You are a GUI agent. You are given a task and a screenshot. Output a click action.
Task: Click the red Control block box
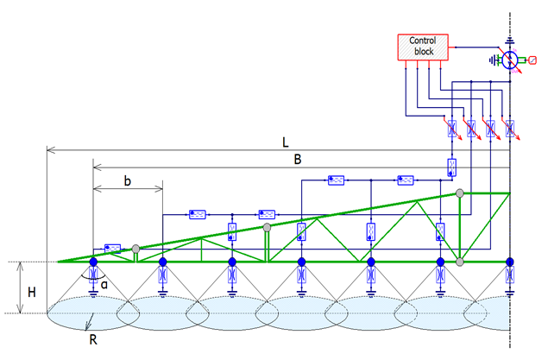pyautogui.click(x=423, y=47)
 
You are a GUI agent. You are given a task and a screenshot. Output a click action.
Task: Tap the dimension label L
pyautogui.click(x=286, y=142)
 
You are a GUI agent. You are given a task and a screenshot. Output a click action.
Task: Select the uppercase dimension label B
pyautogui.click(x=298, y=160)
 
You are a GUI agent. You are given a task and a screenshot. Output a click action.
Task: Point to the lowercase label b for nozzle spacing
pyautogui.click(x=128, y=180)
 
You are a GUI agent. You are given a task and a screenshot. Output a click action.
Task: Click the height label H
pyautogui.click(x=32, y=292)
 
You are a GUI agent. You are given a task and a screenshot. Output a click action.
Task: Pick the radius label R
pyautogui.click(x=93, y=339)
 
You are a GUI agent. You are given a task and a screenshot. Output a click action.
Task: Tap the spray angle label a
pyautogui.click(x=104, y=285)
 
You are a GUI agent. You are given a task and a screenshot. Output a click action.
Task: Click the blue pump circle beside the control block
pyautogui.click(x=509, y=60)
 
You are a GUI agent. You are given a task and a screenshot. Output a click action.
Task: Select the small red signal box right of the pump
pyautogui.click(x=532, y=60)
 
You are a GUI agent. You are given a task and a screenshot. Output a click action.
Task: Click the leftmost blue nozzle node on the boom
pyautogui.click(x=93, y=262)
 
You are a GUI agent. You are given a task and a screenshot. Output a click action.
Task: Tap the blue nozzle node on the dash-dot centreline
pyautogui.click(x=510, y=262)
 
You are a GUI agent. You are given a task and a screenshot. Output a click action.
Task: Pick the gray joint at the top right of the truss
pyautogui.click(x=460, y=193)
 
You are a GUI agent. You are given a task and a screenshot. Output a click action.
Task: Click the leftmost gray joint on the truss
pyautogui.click(x=135, y=249)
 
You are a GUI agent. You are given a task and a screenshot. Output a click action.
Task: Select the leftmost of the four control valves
pyautogui.click(x=452, y=129)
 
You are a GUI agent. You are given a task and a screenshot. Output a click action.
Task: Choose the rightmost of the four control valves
pyautogui.click(x=510, y=129)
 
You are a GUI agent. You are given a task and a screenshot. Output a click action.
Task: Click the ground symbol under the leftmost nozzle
pyautogui.click(x=93, y=293)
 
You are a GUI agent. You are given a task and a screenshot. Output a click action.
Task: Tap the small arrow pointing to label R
pyautogui.click(x=89, y=322)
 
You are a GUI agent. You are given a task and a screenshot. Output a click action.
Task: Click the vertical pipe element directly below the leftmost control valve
pyautogui.click(x=452, y=167)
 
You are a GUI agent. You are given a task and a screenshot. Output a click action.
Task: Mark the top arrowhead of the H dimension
pyautogui.click(x=20, y=266)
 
